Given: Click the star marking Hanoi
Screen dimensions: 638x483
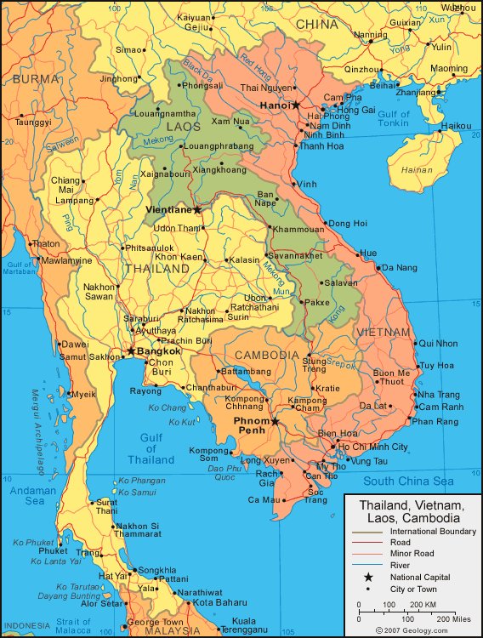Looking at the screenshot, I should coord(296,105).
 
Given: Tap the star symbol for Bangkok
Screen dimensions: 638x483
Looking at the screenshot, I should coord(131,350).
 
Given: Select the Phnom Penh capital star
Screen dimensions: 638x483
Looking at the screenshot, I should coord(275,421).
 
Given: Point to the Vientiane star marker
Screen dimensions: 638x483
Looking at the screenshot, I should coord(197,209).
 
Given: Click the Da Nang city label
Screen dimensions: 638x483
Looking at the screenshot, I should coord(399,267).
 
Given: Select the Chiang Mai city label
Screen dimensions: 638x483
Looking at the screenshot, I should coord(65,185).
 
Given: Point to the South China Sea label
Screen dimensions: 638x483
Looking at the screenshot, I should coord(408,481).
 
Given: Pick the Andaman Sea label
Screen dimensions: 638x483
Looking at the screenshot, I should coord(34,496).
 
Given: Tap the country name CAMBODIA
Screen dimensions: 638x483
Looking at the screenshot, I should coord(266,355).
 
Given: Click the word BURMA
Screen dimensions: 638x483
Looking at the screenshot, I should coord(36,78).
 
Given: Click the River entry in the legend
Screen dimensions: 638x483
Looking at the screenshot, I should coord(400,565).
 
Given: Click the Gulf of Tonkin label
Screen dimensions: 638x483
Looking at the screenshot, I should coord(393,118).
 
